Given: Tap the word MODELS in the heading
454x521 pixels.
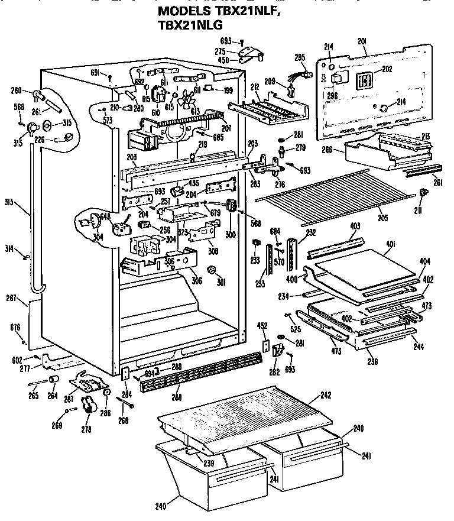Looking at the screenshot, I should pos(187,11).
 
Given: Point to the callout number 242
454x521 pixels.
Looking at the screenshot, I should pos(326,395).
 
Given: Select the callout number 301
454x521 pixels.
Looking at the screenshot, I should pos(222,281).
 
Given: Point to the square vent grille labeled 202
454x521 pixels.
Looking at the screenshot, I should pos(366,80).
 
